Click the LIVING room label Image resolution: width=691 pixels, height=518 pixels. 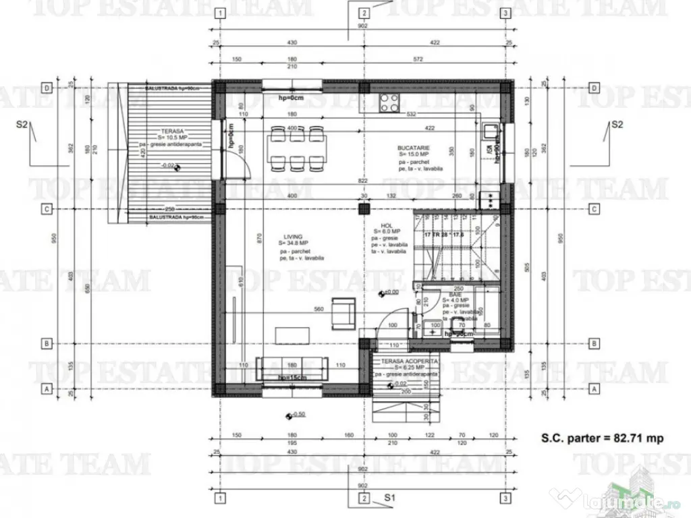[293, 236]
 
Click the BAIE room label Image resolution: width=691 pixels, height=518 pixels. [455, 295]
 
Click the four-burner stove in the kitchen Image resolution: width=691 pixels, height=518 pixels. [389, 103]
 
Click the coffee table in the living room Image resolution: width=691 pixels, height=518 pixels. [292, 335]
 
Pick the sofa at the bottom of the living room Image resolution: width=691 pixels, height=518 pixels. [292, 368]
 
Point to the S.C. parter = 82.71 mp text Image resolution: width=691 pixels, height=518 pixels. [602, 438]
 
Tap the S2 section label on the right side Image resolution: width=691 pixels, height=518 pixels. [617, 125]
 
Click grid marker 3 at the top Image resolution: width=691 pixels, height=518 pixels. [505, 13]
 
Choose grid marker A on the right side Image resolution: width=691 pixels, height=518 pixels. [595, 388]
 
